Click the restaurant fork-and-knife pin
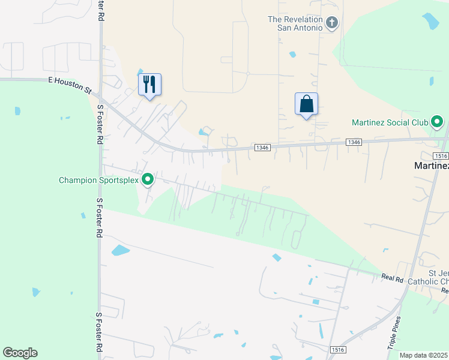[150, 84]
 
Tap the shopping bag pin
[306, 104]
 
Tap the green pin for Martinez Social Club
[437, 124]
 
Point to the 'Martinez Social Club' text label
[390, 124]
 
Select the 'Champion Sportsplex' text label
[98, 180]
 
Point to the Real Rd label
[391, 277]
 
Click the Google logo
[20, 353]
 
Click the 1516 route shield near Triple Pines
[339, 349]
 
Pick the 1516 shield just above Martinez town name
[441, 155]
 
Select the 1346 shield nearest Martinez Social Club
[354, 142]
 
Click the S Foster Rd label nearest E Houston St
[100, 125]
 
